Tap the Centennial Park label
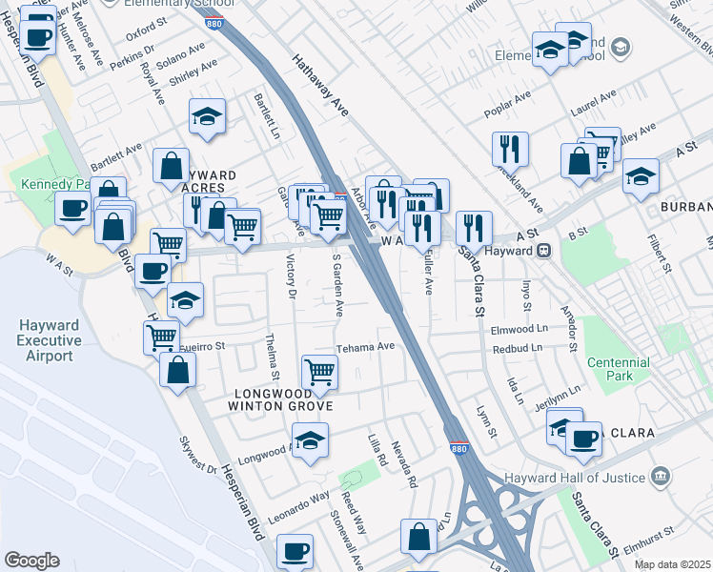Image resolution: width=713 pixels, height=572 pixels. point(619,369)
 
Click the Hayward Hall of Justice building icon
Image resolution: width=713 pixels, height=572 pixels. point(660,476)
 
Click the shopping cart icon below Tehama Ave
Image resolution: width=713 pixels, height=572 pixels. point(319,371)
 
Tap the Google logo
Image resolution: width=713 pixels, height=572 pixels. point(31,561)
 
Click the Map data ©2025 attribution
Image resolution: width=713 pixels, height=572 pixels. point(672,564)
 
